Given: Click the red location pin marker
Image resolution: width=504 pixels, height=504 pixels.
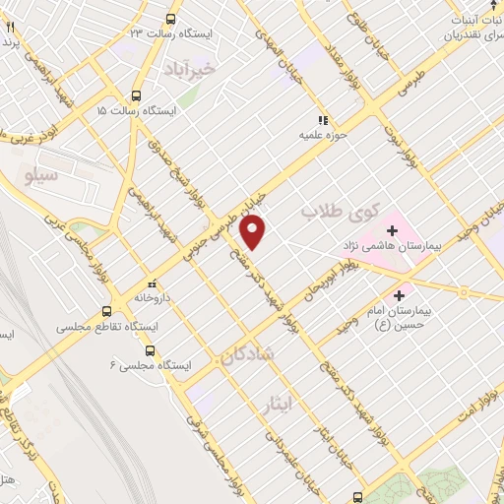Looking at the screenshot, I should pyautogui.click(x=254, y=232).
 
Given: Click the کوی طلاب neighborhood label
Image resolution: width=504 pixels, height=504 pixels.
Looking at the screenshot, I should pyautogui.click(x=326, y=212).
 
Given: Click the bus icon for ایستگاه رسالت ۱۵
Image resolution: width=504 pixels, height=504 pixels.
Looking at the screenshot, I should pyautogui.click(x=136, y=96).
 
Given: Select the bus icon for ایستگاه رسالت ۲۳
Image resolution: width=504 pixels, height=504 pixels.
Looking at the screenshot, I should pyautogui.click(x=171, y=19).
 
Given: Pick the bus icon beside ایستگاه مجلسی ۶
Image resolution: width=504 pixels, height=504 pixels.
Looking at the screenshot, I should pyautogui.click(x=150, y=350).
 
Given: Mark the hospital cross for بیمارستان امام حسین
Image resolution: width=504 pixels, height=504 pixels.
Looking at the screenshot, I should pyautogui.click(x=399, y=294).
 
